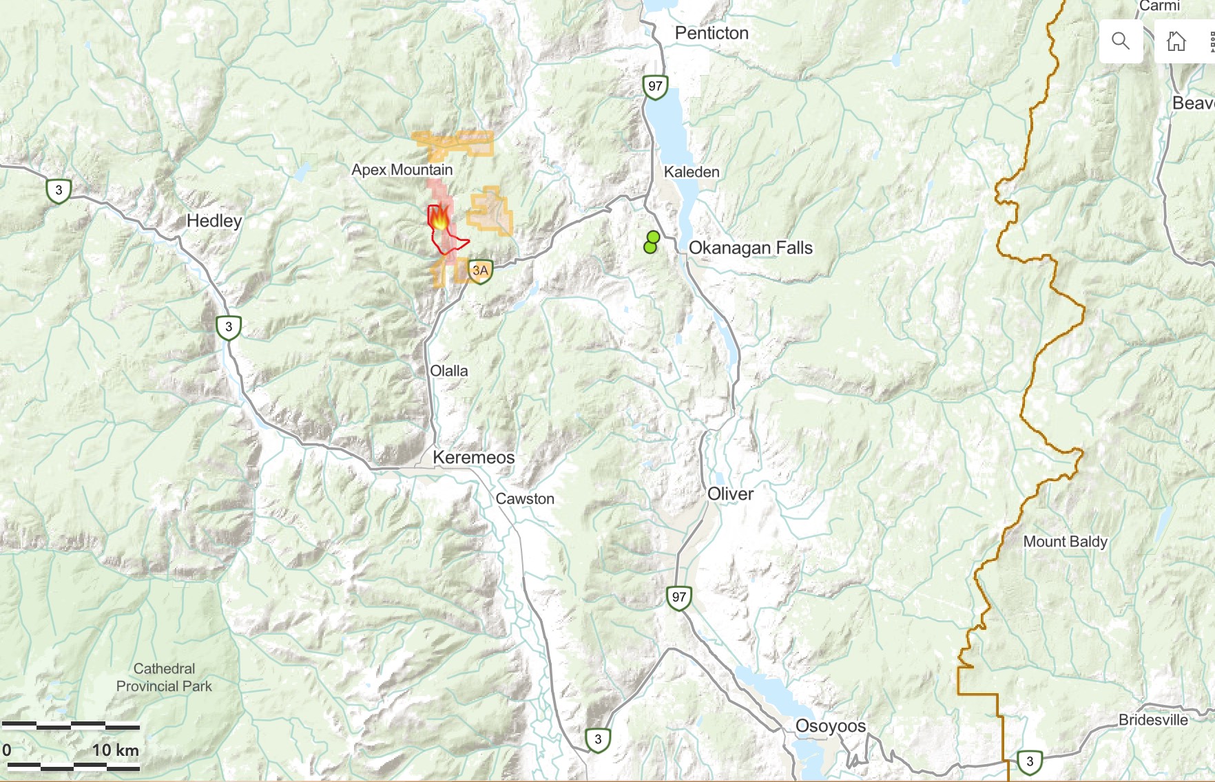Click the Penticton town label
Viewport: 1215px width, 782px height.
[x=712, y=33]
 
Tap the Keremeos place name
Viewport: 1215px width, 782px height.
[x=473, y=457]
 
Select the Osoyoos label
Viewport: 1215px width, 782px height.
[x=830, y=726]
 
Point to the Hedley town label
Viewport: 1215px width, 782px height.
[x=214, y=221]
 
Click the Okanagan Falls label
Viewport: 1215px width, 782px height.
[x=751, y=248]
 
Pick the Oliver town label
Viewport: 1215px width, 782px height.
[x=730, y=494]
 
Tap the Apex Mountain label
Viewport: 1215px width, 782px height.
[x=402, y=169]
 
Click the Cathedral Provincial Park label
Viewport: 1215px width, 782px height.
[x=164, y=677]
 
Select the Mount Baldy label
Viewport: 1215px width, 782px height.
[x=1065, y=542]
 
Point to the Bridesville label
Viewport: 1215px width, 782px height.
[x=1153, y=720]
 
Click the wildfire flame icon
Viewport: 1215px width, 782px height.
[x=439, y=219]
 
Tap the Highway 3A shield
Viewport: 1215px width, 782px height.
[x=480, y=271]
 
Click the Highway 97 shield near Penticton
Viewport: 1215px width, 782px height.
[x=655, y=87]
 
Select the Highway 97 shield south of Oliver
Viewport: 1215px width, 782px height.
[x=679, y=597]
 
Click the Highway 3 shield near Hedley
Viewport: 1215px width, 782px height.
[x=59, y=190]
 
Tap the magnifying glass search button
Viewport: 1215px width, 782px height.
[x=1121, y=41]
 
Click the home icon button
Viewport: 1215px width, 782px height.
[x=1176, y=41]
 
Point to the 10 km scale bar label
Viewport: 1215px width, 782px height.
[x=115, y=750]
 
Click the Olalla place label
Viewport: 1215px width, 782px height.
[x=448, y=371]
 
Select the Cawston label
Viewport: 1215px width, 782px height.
[x=525, y=499]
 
